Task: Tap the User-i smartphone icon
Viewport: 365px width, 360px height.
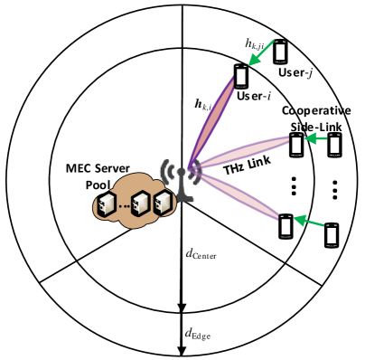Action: (241, 76)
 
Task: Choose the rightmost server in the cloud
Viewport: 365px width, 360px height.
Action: (163, 202)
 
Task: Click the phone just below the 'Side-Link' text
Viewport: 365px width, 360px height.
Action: (297, 144)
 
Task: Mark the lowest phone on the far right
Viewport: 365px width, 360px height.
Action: (332, 236)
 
